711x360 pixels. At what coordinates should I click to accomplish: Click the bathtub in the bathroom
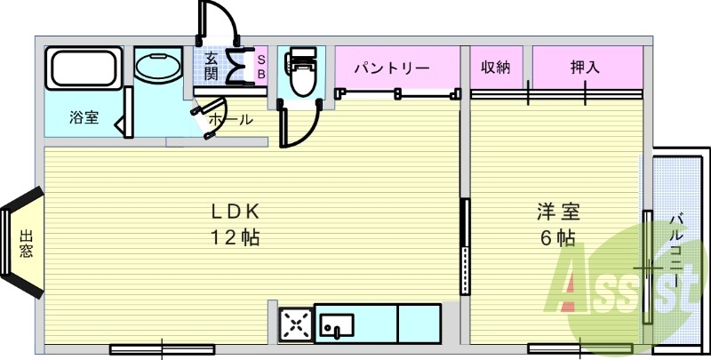tap(84, 68)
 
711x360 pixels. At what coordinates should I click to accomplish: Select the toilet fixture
tap(301, 72)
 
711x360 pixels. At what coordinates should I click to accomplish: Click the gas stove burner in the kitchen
tap(296, 324)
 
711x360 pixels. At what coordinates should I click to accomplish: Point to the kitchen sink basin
tap(337, 325)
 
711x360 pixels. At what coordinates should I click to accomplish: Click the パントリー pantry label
tap(392, 68)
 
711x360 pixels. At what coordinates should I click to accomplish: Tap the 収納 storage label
tap(496, 68)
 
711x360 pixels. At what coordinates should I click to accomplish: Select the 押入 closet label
tap(585, 68)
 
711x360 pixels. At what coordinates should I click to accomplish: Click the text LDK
tap(236, 212)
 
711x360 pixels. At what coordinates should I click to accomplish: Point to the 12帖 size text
tap(236, 237)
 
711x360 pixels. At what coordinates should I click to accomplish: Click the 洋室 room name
tap(559, 212)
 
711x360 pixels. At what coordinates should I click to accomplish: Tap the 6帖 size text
tap(558, 237)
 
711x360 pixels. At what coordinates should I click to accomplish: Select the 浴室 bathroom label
tap(84, 117)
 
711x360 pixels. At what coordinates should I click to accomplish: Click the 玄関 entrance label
tap(211, 67)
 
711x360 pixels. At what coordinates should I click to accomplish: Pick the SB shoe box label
tap(261, 67)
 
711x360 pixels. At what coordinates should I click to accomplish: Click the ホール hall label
tap(230, 120)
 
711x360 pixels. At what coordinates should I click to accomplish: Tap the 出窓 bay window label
tap(27, 244)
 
